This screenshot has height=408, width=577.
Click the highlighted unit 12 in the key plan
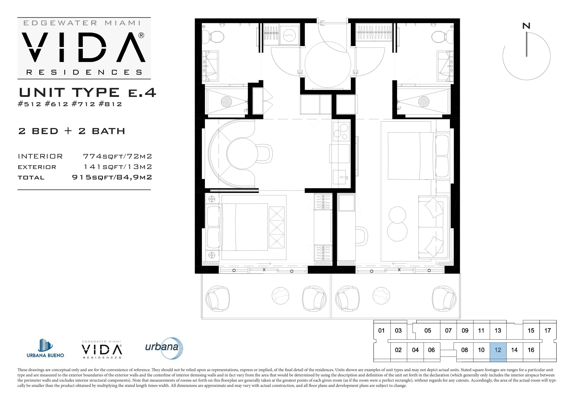pos(498,352)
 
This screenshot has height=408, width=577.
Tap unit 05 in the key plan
pos(428,331)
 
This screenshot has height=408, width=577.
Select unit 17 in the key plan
pos(548,331)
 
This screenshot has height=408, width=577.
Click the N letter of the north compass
pos(526,26)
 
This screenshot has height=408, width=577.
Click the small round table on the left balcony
pos(280,295)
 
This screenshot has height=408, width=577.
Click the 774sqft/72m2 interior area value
pos(117,156)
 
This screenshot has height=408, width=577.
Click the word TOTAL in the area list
pos(31,178)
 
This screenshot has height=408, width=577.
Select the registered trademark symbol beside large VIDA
pos(141,35)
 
